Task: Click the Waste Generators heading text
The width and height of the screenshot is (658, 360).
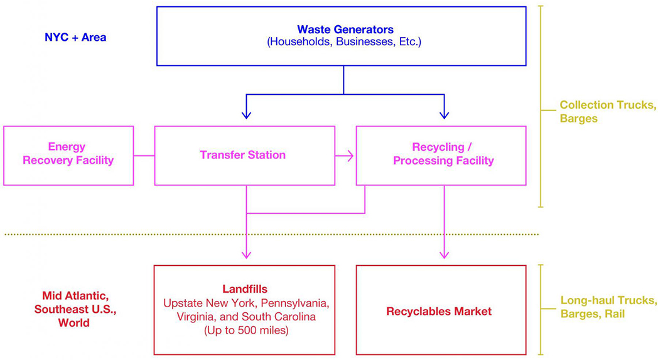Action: click(345, 30)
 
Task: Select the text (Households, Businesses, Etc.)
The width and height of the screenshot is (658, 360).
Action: click(344, 42)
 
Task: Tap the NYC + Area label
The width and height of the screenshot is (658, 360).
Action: click(75, 38)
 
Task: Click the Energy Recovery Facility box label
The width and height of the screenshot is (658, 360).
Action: click(68, 153)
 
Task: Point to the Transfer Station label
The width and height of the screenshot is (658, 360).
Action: click(242, 155)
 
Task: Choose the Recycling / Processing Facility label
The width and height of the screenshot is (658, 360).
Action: click(443, 154)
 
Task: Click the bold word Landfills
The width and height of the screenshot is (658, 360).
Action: click(245, 289)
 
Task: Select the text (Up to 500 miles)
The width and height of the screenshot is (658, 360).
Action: click(246, 330)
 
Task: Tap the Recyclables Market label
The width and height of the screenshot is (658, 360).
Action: click(439, 311)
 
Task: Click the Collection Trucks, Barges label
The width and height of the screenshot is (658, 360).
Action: click(608, 112)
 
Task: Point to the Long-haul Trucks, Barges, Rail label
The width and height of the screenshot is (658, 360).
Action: click(609, 307)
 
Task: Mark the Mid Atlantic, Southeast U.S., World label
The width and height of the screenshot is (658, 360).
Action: click(75, 309)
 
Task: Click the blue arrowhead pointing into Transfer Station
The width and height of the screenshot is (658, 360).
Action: click(246, 114)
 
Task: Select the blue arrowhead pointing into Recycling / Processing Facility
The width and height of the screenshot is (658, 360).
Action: click(444, 114)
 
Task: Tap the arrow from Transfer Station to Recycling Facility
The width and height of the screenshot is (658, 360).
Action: click(344, 156)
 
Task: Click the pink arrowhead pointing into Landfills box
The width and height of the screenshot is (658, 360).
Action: click(246, 254)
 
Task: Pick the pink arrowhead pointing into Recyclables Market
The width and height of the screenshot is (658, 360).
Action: click(444, 254)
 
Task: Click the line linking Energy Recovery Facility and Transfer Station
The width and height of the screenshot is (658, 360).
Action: click(144, 156)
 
